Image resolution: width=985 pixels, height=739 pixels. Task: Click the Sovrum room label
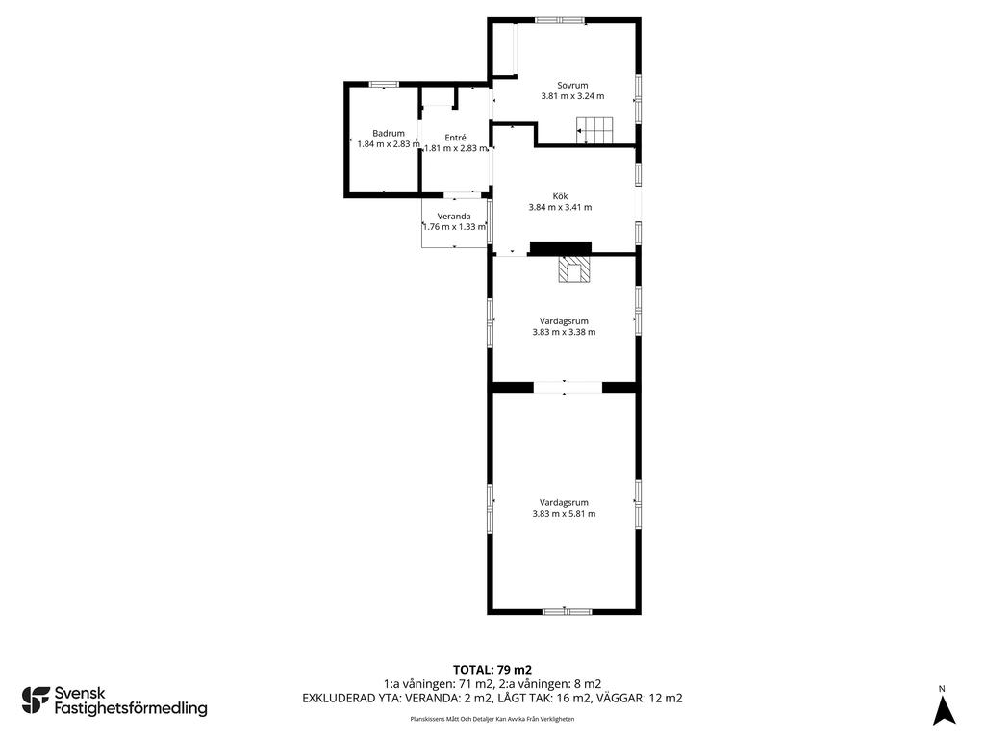(572, 86)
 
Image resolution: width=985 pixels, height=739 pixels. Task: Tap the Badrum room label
(389, 133)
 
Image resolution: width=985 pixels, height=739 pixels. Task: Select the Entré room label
(455, 138)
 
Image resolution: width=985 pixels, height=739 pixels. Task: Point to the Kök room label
(561, 196)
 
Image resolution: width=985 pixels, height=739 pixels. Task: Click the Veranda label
(454, 217)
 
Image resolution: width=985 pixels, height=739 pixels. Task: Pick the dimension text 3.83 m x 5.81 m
(564, 514)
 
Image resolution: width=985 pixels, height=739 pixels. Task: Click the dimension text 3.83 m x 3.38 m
(564, 332)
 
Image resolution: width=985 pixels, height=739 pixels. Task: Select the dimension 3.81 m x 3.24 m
(572, 96)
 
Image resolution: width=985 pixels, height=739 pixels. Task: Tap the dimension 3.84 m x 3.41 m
(561, 207)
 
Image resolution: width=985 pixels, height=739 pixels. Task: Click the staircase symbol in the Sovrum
(594, 130)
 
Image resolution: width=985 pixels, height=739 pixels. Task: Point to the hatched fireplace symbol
(574, 269)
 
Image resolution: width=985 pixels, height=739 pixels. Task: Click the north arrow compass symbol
(943, 710)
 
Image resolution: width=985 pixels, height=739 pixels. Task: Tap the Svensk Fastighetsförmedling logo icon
(36, 701)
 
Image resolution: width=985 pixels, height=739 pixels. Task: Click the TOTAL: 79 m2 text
(492, 670)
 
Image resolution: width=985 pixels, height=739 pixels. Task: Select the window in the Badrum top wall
(384, 85)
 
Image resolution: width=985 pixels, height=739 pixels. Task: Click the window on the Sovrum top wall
(560, 21)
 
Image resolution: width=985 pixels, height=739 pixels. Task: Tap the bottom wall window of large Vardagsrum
(568, 611)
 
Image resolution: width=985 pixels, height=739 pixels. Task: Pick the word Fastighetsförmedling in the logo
(131, 709)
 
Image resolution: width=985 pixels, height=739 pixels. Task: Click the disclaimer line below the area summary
(492, 719)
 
